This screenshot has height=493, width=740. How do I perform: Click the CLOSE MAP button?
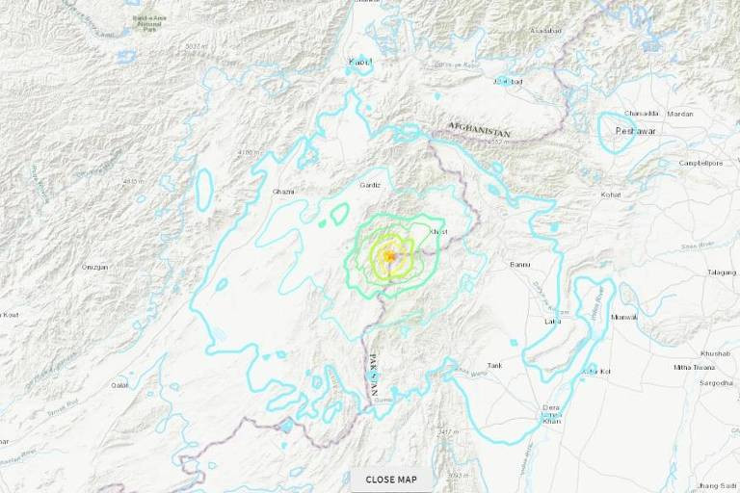coord(391,479)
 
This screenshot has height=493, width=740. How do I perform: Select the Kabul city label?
coord(359,63)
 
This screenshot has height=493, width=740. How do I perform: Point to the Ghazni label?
coord(283,192)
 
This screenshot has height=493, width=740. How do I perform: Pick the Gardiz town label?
coord(370,185)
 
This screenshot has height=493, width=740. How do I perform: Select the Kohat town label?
coord(611,195)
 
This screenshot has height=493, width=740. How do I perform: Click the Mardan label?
coord(680,114)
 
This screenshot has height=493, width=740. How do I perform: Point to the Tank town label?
coord(495,366)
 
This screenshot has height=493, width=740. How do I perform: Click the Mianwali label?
coord(625,316)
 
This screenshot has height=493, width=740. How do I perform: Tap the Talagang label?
coord(722,272)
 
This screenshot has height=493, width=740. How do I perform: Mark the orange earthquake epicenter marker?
coord(389,256)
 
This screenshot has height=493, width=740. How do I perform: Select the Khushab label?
coord(716,353)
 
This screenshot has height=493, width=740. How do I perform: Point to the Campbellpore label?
coord(700,164)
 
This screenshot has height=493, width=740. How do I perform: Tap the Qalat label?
coord(120,385)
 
